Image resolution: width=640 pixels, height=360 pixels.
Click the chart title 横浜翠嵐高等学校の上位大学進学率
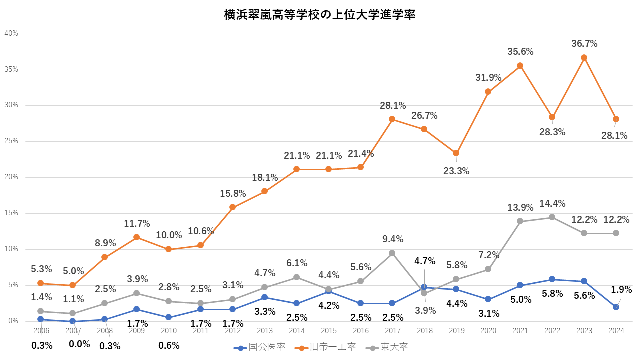[320, 15]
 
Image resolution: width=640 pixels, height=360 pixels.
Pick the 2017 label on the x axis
[392, 331]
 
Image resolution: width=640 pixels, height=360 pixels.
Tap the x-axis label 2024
[616, 331]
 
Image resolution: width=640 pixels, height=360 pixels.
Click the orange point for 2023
[584, 57]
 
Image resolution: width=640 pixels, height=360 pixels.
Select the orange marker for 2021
[520, 65]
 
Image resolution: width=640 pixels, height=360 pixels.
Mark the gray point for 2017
[392, 253]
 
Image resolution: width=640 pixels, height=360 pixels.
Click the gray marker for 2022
[552, 217]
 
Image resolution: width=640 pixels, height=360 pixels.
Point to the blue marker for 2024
[616, 307]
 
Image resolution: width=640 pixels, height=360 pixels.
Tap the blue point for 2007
[72, 321]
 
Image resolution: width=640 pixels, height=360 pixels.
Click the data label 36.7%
[584, 44]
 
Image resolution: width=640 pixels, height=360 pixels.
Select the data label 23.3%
[456, 171]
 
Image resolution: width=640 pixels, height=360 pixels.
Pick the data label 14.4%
[552, 204]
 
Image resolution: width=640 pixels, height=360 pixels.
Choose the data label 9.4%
[392, 239]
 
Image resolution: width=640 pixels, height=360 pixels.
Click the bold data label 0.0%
[79, 344]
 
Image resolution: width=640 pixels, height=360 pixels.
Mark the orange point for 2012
[232, 207]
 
